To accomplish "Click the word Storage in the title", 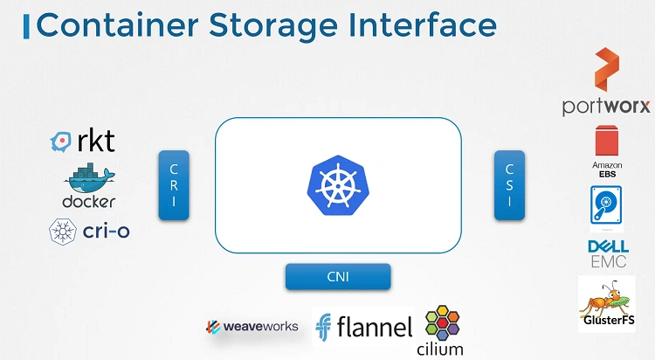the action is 272,26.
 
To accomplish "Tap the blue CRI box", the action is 174,185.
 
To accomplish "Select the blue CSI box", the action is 509,185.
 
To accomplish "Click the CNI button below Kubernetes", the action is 338,276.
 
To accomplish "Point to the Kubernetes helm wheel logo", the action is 338,185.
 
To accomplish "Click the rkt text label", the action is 96,141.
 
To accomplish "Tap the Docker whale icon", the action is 89,177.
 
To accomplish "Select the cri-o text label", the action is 106,231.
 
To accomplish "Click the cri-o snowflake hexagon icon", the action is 63,232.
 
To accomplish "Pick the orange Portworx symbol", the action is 607,69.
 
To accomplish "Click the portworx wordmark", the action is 606,107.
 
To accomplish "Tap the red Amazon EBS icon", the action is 607,140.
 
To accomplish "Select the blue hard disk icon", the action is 606,205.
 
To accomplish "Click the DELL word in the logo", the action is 608,246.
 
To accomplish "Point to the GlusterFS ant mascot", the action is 607,300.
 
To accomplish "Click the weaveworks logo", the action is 252,327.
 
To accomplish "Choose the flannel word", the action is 375,327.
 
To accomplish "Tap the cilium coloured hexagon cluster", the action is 442,322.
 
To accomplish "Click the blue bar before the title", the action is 26,26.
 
